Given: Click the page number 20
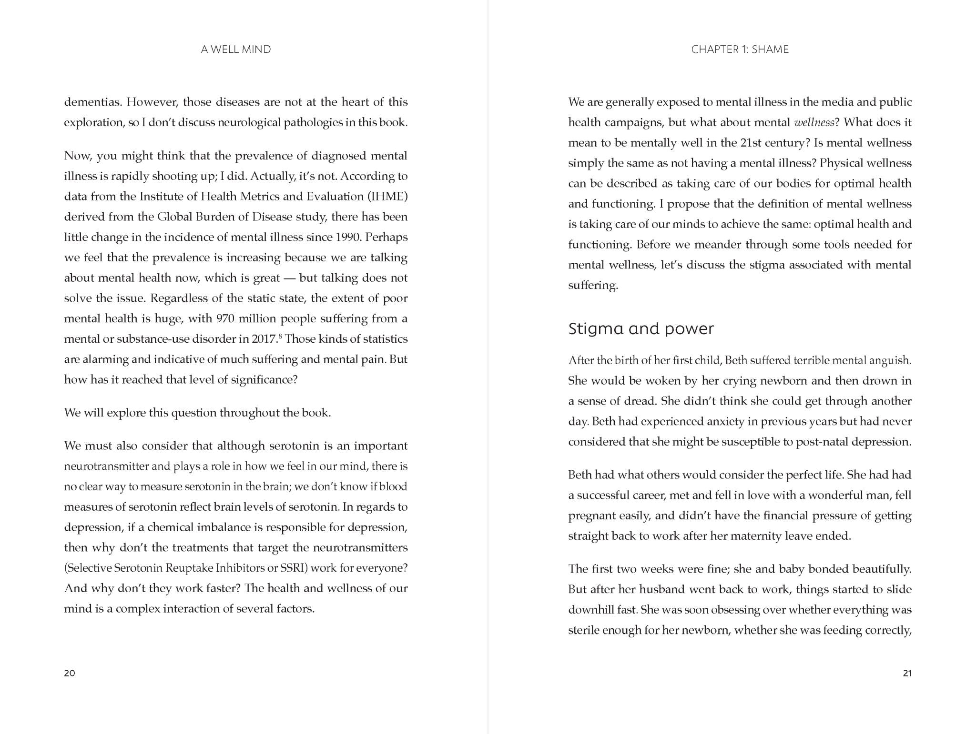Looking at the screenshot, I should click(70, 673).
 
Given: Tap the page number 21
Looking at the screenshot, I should click(907, 673).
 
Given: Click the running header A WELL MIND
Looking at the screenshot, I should click(236, 50).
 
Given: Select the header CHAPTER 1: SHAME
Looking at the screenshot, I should click(740, 50).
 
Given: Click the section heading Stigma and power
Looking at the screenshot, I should click(640, 329).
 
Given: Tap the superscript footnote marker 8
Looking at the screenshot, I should click(280, 337).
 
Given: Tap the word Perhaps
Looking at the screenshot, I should click(387, 237).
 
